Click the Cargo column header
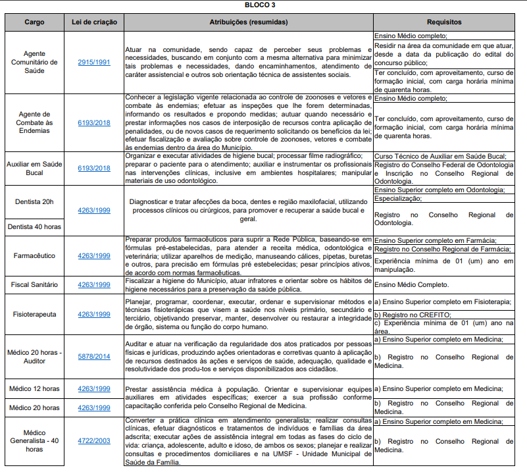(34, 22)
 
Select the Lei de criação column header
(94, 22)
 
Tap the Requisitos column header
(443, 22)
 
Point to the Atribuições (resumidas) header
(247, 22)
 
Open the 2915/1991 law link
(94, 62)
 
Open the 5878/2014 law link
(94, 357)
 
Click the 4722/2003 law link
(94, 440)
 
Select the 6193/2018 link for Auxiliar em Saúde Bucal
(94, 168)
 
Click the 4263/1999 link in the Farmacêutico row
(94, 255)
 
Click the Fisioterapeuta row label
(34, 314)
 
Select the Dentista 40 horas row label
(34, 226)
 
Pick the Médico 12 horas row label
(34, 389)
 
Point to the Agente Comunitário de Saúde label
(34, 62)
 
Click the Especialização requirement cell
(399, 198)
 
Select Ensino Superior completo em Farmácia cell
(435, 240)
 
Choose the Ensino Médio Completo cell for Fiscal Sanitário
(411, 285)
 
